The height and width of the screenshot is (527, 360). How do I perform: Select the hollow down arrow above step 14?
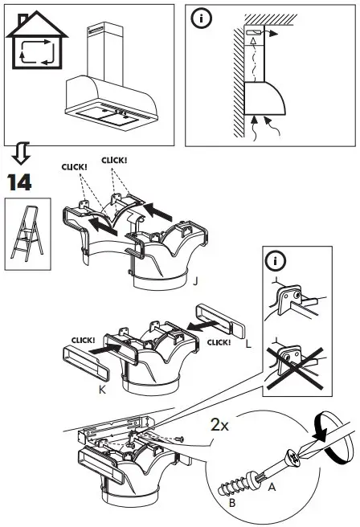[21, 153]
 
